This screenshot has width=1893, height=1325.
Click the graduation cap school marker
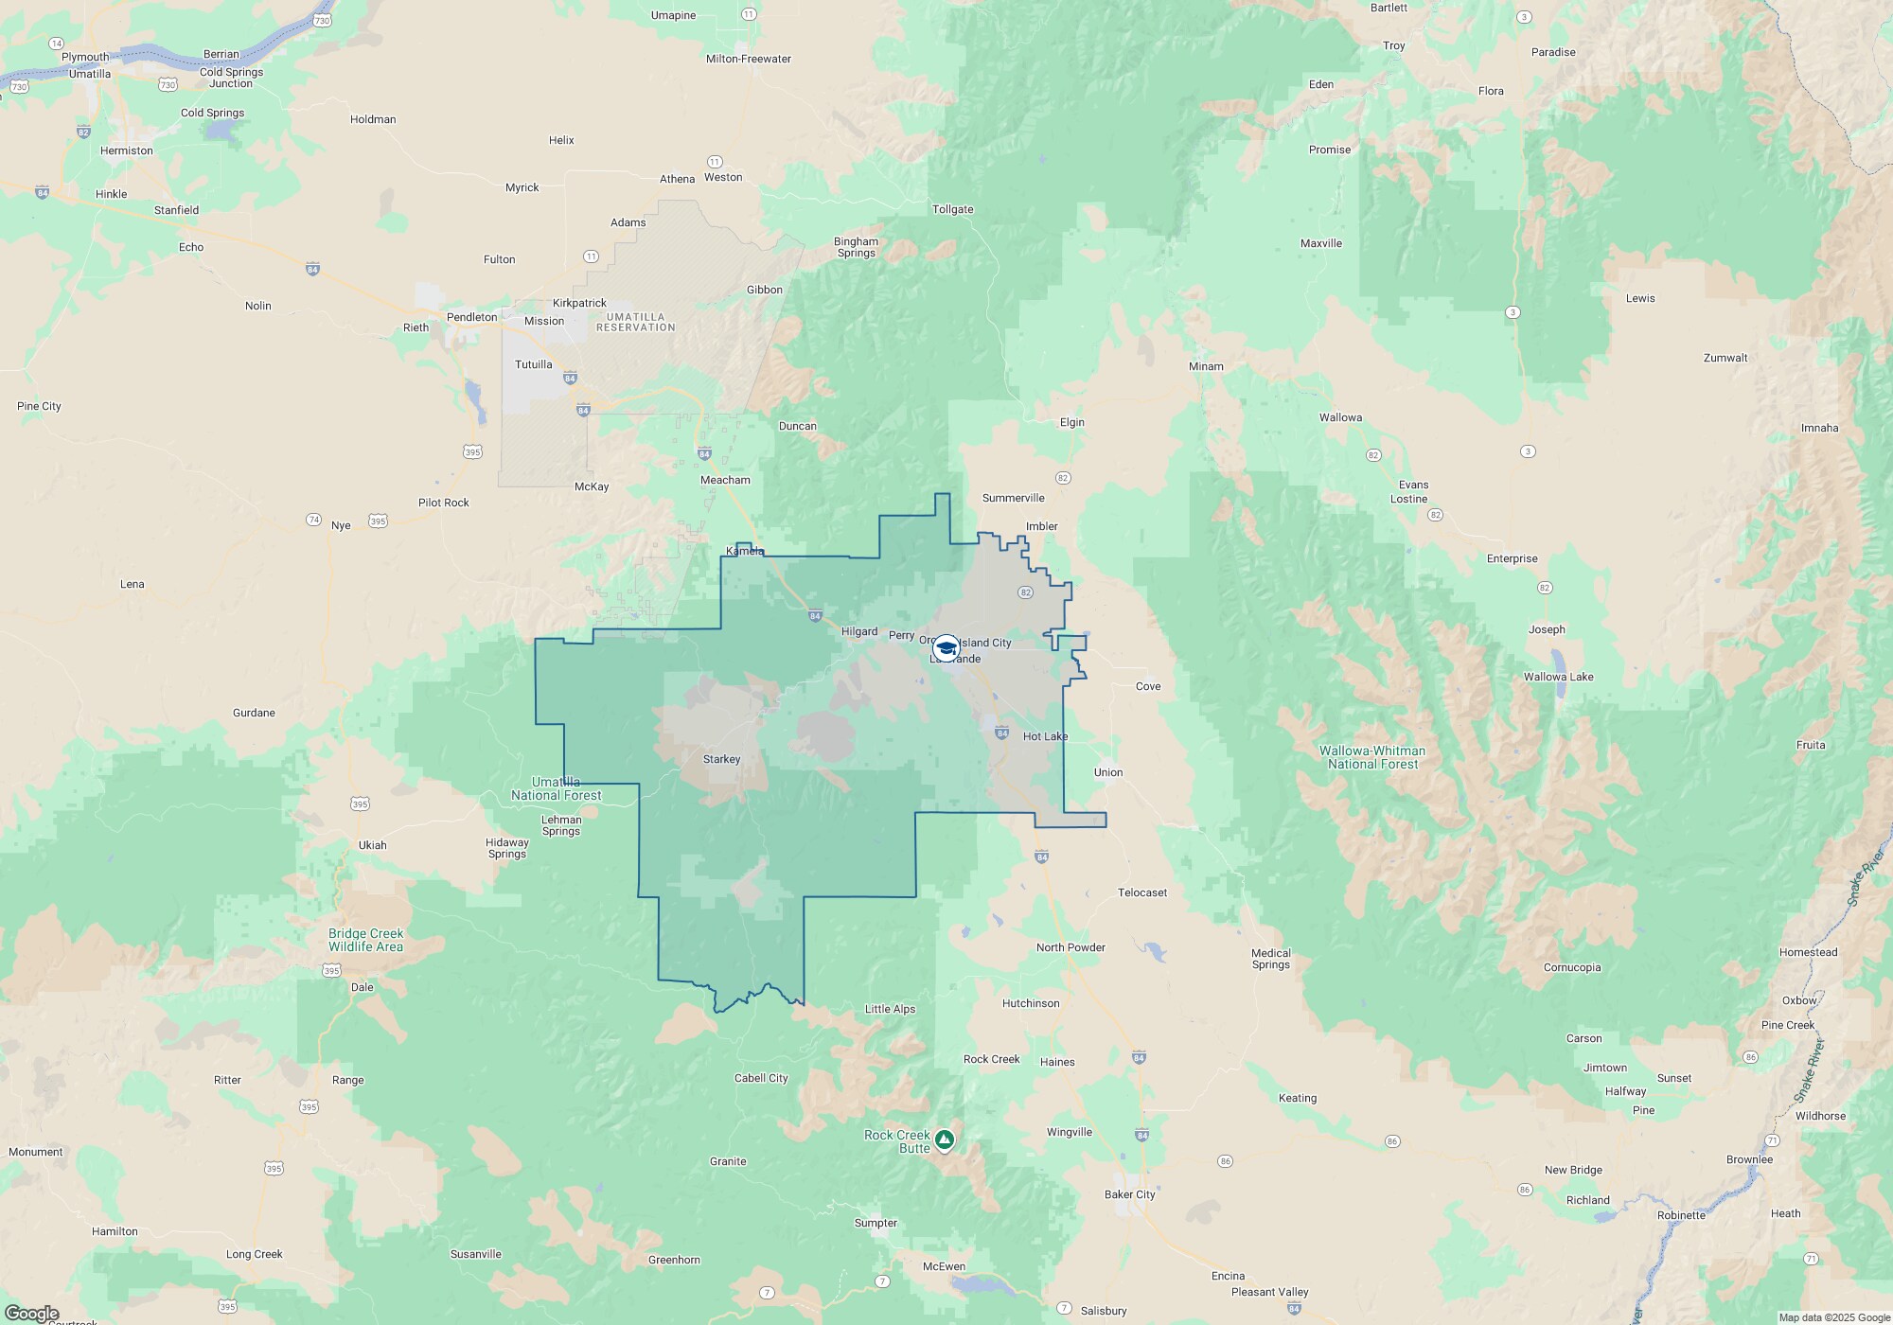tap(946, 648)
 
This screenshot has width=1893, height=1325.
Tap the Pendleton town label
tap(471, 317)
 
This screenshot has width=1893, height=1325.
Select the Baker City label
tap(1129, 1194)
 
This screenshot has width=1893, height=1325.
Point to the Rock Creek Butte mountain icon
tap(945, 1139)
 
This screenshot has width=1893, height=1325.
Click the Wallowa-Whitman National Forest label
tap(1372, 757)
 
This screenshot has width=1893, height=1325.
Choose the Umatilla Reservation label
tap(635, 322)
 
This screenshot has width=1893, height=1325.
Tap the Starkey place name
tap(721, 759)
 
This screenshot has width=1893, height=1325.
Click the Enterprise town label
tap(1512, 558)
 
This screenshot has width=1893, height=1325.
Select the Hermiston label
tap(126, 150)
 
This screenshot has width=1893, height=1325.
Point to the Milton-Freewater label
tap(748, 59)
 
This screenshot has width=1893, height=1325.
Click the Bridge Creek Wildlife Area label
tap(365, 940)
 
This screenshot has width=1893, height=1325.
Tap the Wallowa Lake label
tap(1558, 677)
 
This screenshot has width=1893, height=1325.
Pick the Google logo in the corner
tap(31, 1314)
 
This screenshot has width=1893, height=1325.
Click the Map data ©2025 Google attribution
tap(1833, 1317)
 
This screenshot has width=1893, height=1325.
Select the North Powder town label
tap(1070, 947)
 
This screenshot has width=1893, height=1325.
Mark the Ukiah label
tap(372, 845)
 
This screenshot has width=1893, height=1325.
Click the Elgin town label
tap(1071, 422)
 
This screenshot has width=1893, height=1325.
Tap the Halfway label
tap(1625, 1091)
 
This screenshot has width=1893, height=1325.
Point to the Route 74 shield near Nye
tap(313, 520)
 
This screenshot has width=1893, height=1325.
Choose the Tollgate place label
tap(952, 209)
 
